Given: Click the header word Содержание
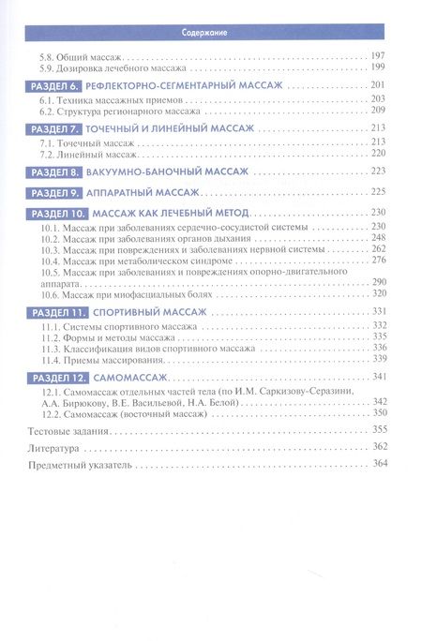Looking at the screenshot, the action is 210,34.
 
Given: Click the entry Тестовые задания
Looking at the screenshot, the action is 69,429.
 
